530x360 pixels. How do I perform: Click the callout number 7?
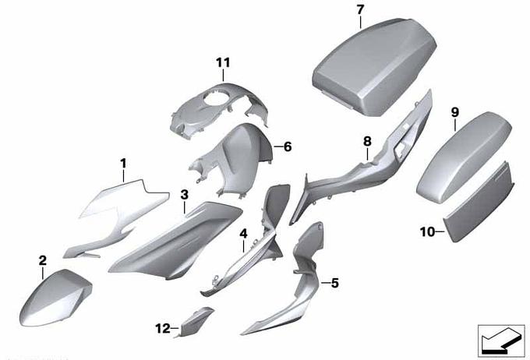point(360,10)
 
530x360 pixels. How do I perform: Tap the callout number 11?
point(223,62)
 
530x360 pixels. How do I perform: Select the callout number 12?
point(163,328)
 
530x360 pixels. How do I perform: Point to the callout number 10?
point(427,232)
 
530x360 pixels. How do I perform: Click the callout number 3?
point(184,195)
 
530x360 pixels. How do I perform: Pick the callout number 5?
point(334,283)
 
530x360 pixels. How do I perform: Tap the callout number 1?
point(123,164)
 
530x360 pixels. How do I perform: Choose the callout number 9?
point(455,112)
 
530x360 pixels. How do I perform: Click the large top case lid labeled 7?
point(374,66)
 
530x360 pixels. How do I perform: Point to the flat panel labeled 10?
point(479,202)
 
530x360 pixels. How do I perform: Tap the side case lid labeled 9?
point(464,157)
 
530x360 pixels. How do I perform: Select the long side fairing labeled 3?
point(175,240)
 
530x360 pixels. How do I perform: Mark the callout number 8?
point(367,141)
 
